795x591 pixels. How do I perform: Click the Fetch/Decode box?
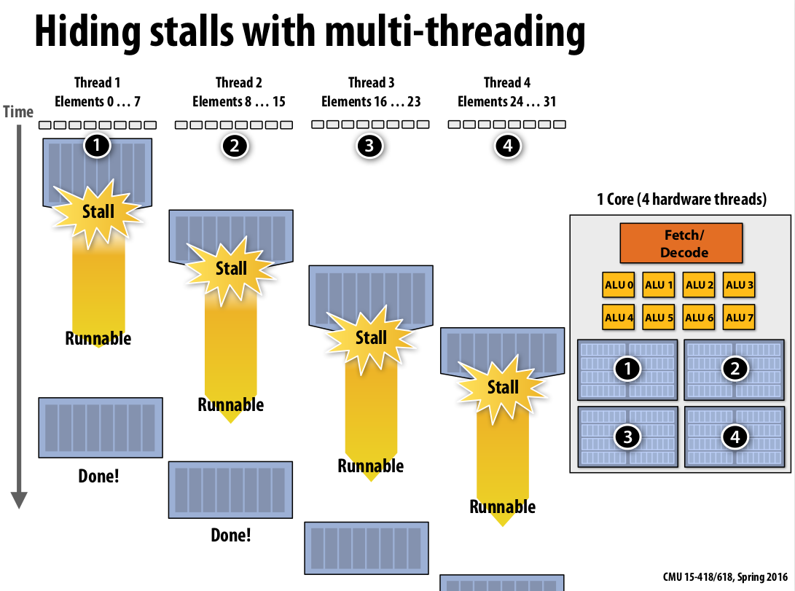click(x=681, y=243)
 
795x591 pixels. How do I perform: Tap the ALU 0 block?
click(x=618, y=285)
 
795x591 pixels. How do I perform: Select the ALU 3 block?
click(x=739, y=285)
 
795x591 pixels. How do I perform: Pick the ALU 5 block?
click(x=658, y=317)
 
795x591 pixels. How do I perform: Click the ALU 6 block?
click(x=699, y=317)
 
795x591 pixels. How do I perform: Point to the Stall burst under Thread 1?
click(x=98, y=211)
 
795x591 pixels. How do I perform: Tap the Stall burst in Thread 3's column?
click(x=371, y=337)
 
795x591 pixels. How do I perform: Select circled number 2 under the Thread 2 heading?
click(x=234, y=146)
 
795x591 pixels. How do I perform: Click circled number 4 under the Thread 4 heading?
click(x=508, y=146)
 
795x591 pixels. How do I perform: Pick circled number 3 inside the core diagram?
click(x=627, y=437)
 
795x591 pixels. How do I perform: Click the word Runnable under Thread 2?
click(x=231, y=404)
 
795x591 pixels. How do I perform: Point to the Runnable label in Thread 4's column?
click(x=503, y=506)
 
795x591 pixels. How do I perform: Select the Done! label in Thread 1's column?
click(x=98, y=477)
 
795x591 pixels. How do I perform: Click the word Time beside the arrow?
click(x=18, y=111)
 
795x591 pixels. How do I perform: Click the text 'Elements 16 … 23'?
click(x=371, y=101)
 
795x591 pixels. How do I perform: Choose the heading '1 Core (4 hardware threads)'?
click(x=681, y=199)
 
